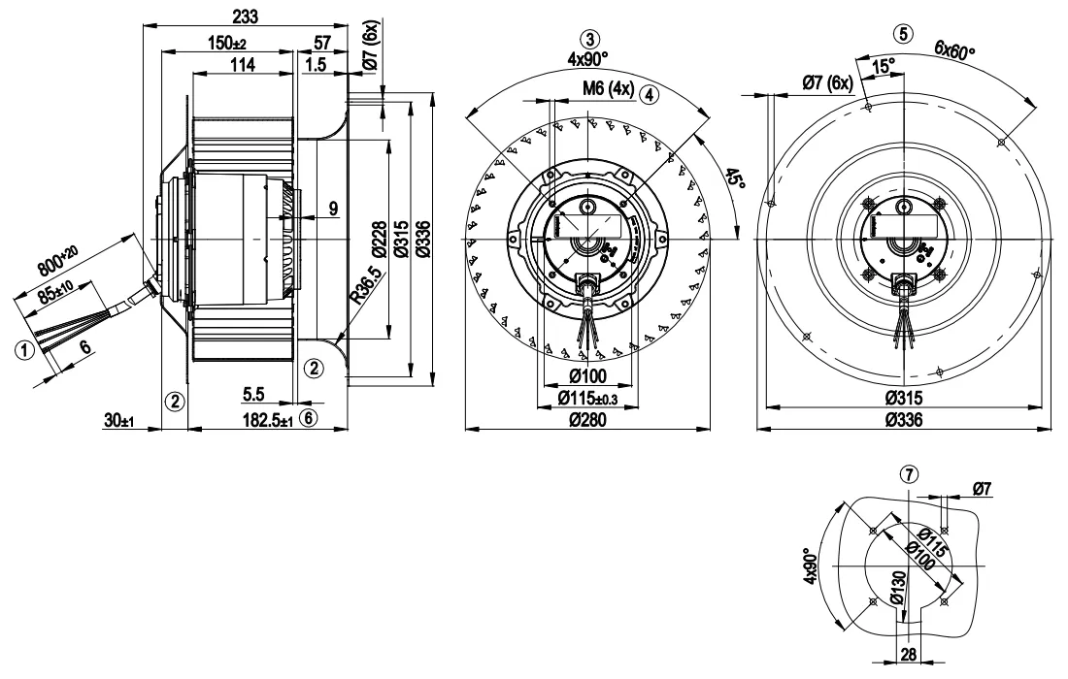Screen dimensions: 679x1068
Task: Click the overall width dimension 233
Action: pos(244,16)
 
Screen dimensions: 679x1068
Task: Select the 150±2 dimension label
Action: pos(228,44)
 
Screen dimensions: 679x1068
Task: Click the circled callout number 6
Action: pos(309,418)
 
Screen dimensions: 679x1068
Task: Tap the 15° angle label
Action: pos(884,67)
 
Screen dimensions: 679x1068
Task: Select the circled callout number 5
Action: pos(905,33)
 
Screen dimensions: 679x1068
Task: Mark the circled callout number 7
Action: pos(908,474)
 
